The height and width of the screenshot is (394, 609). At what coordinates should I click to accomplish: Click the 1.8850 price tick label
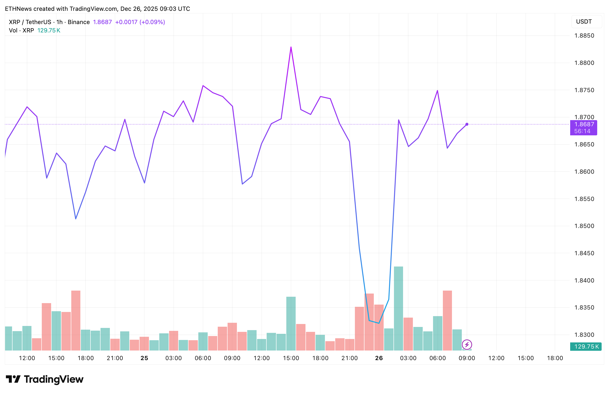(584, 36)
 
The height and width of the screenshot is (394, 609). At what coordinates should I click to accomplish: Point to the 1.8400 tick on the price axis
(584, 281)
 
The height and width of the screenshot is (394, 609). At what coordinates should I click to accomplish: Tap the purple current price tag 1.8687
(584, 125)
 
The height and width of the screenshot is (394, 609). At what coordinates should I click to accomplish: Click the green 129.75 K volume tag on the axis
(586, 347)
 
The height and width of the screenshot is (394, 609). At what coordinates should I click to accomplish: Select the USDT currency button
(584, 22)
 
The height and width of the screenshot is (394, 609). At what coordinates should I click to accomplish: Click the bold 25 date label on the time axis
(144, 358)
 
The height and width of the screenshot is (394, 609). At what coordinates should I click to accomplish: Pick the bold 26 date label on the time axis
(379, 358)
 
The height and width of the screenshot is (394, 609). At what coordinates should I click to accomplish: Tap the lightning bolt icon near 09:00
(467, 345)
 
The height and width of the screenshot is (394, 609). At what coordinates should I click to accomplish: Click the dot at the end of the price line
(467, 124)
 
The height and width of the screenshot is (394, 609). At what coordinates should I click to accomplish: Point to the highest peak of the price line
(291, 47)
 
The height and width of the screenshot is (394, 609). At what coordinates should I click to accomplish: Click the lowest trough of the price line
(379, 323)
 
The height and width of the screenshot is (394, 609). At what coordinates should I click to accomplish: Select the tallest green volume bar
(398, 308)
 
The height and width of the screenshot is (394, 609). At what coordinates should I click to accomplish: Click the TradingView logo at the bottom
(44, 379)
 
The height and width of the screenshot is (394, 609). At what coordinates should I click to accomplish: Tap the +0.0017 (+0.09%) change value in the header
(140, 22)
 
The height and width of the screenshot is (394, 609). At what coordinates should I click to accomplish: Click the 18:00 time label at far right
(555, 358)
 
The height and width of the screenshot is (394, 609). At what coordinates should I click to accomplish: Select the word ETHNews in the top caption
(18, 9)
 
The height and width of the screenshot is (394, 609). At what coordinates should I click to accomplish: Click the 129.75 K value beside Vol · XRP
(49, 31)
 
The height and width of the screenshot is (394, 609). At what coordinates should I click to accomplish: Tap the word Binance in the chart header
(79, 22)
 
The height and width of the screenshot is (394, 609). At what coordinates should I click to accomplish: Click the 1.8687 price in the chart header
(102, 22)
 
